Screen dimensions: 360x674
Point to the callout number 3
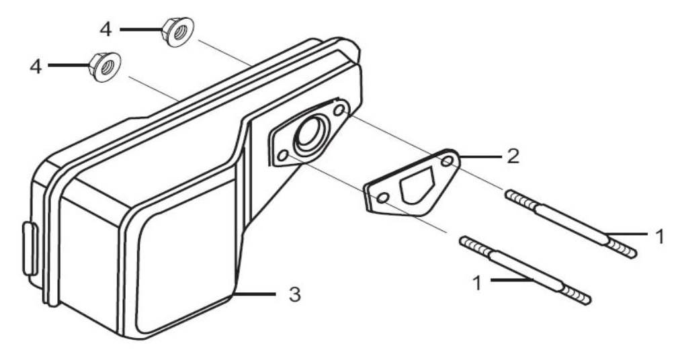(293, 294)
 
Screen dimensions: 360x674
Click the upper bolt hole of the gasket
(447, 161)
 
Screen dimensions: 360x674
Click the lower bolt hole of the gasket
(382, 198)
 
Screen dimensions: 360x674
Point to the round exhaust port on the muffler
(310, 134)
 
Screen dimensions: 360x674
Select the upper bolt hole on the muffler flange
(339, 108)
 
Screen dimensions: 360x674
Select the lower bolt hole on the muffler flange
(282, 156)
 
